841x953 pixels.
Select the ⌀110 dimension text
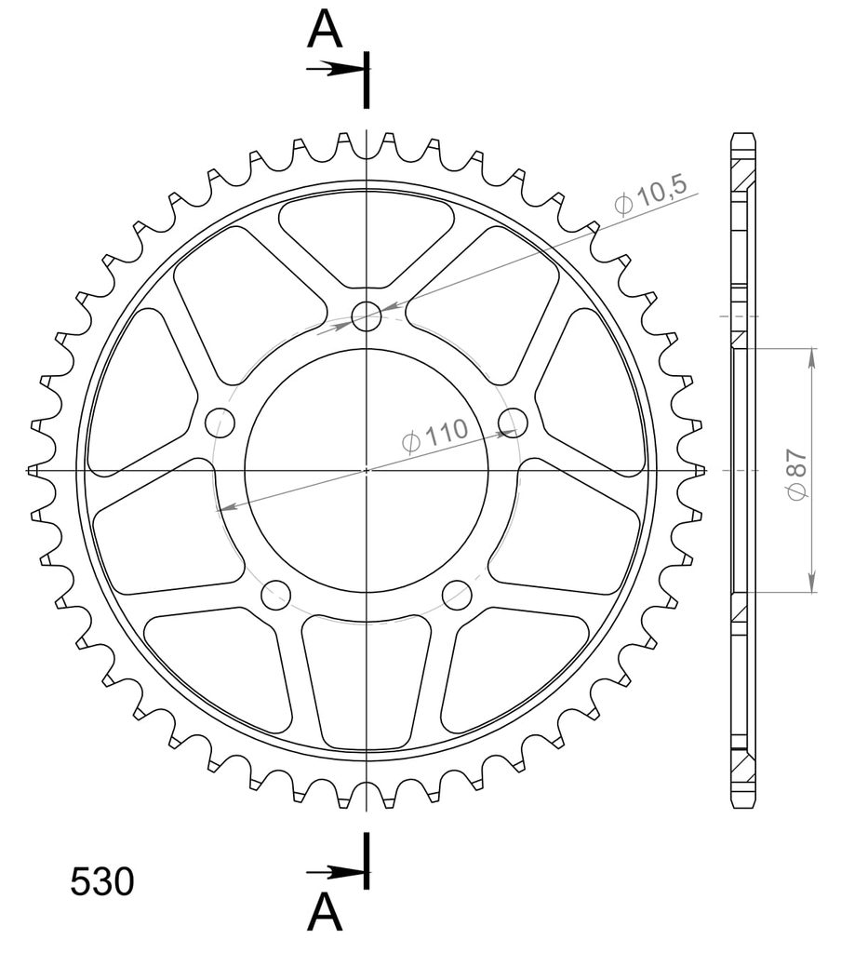(435, 436)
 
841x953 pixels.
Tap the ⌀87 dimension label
(797, 475)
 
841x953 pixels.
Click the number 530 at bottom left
(102, 882)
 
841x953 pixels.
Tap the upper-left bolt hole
(220, 423)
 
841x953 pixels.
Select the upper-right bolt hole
(513, 423)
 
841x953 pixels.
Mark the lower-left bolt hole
(276, 595)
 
